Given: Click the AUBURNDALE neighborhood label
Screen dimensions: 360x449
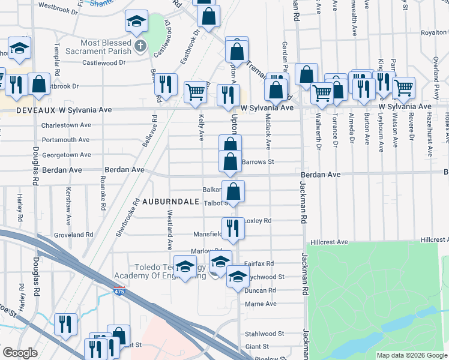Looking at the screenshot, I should [x=170, y=202].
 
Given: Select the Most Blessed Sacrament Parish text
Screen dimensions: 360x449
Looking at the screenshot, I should [x=106, y=47].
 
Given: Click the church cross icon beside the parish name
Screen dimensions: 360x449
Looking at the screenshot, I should [x=140, y=46].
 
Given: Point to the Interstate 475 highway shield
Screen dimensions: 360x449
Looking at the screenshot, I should [x=121, y=291].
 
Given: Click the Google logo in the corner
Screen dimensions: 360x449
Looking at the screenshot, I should [x=20, y=353].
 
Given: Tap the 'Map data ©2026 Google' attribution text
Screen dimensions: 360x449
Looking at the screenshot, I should [x=411, y=355].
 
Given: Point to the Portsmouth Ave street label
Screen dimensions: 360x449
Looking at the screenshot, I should [x=66, y=140].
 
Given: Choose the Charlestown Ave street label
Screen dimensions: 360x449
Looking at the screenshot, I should [x=66, y=125].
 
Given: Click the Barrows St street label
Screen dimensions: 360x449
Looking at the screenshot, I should [x=258, y=161].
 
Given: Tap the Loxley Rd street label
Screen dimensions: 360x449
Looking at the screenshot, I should [x=258, y=221].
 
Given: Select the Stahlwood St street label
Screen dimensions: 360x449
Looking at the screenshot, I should [x=264, y=334].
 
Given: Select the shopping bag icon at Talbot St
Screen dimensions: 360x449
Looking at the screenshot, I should [x=234, y=191].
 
